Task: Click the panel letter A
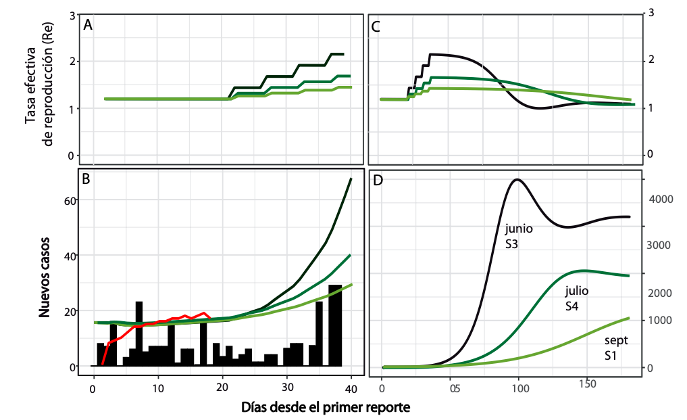pyautogui.click(x=88, y=26)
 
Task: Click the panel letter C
pyautogui.click(x=376, y=27)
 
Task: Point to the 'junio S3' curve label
pyautogui.click(x=519, y=236)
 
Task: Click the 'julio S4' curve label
pyautogui.click(x=577, y=298)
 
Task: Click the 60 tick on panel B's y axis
pyautogui.click(x=70, y=200)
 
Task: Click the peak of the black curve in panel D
pyautogui.click(x=517, y=179)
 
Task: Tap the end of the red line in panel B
pyautogui.click(x=210, y=318)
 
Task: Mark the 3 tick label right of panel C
pyautogui.click(x=651, y=12)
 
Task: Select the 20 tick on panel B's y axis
pyautogui.click(x=70, y=311)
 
